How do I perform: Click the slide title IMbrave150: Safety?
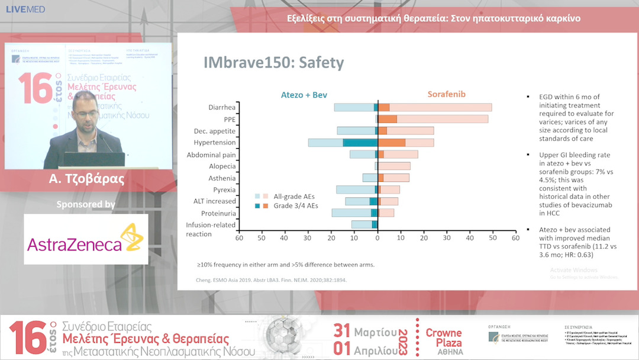tap(273, 63)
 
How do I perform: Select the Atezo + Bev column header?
tap(304, 95)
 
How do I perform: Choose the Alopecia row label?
tap(221, 166)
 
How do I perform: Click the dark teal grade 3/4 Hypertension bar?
tap(360, 143)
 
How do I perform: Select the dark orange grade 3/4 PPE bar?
tap(388, 119)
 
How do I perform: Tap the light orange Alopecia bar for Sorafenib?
tap(394, 166)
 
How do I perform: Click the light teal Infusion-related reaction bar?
tap(362, 224)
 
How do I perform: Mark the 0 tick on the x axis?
tap(377, 238)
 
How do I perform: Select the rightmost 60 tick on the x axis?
tap(515, 238)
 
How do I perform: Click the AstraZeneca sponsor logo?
tap(86, 239)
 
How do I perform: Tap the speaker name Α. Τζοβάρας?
tap(89, 179)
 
